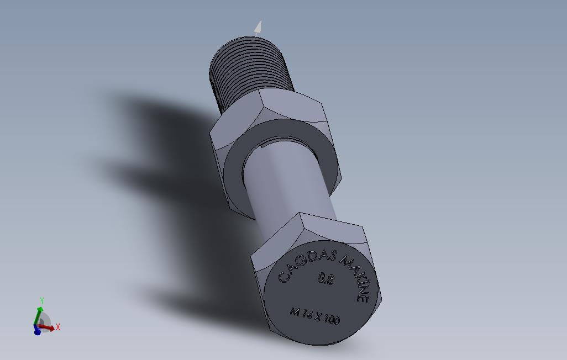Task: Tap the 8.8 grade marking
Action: [326, 279]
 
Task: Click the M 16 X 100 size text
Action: [315, 316]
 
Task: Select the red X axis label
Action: [58, 327]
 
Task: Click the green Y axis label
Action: [41, 301]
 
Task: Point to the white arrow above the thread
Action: [258, 28]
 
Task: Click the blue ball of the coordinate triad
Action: [37, 331]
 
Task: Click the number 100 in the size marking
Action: [332, 319]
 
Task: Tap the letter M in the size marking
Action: [295, 312]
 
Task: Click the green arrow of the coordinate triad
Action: [38, 315]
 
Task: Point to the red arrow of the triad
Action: [49, 328]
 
